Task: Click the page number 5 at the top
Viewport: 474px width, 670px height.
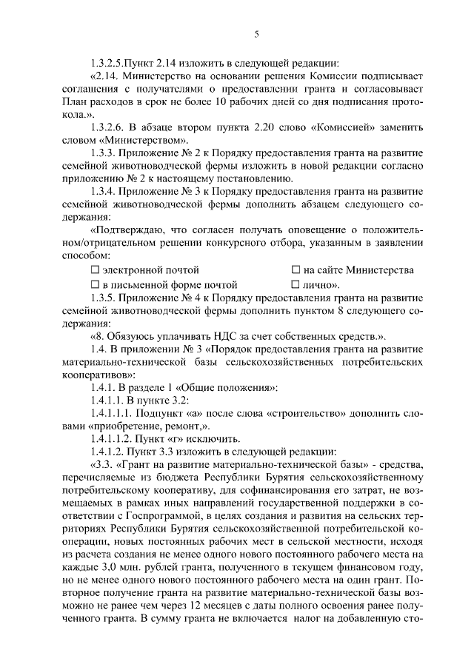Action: tap(256, 34)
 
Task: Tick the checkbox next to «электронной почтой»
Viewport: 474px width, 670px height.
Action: tap(94, 270)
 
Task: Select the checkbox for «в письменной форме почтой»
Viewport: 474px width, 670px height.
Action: tap(94, 284)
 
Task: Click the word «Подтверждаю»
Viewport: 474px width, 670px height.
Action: tap(127, 229)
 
